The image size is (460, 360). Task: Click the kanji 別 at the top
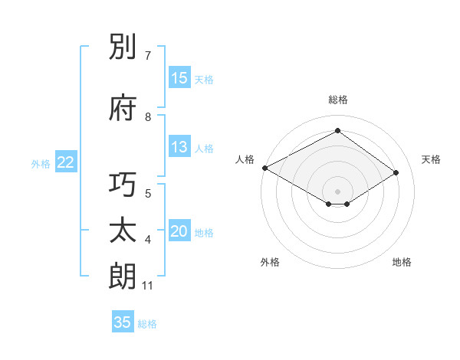coord(123,47)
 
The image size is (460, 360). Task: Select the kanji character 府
coord(123,108)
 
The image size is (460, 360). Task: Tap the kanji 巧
coord(123,186)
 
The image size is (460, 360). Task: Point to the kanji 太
coord(123,231)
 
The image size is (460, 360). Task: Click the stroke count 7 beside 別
coord(149,56)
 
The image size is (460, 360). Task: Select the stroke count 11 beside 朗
coord(148,286)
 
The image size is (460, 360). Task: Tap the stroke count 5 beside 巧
coord(148,194)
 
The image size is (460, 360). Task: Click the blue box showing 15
coord(179,78)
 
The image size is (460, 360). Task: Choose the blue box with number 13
coord(179,147)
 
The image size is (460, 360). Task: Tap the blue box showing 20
coord(179,232)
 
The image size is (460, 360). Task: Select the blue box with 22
coord(66,162)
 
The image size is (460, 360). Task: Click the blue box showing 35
coord(123,322)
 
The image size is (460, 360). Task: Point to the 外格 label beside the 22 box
coord(41,163)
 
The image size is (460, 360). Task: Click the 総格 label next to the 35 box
coord(147,324)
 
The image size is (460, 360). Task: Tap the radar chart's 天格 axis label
coord(432,159)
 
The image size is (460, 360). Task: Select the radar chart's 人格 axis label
coord(245,159)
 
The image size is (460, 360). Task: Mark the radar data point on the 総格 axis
coord(337,131)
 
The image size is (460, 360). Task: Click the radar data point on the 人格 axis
coord(264,168)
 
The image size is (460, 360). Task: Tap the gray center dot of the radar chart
coord(337,191)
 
